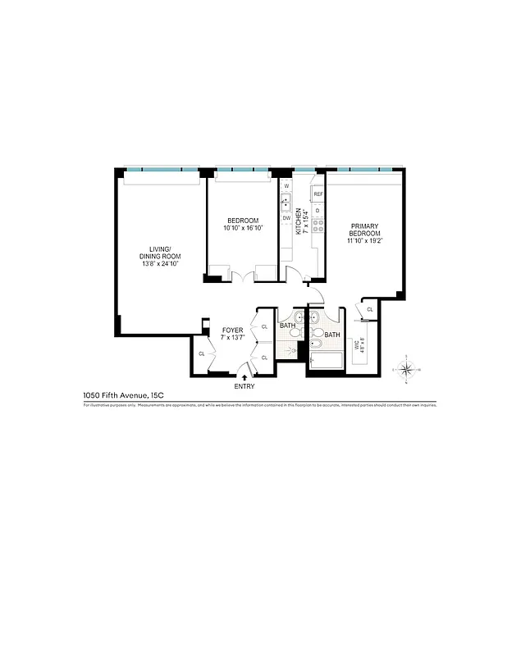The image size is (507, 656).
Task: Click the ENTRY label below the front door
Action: coord(244,386)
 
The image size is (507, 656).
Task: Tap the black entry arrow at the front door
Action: coord(244,376)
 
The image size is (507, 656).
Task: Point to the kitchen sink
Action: coord(286,201)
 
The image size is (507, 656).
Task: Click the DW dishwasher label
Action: coord(286,217)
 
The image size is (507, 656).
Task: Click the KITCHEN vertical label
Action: coord(299,221)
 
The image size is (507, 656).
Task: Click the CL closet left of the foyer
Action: coord(202,353)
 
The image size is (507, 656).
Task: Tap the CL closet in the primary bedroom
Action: coord(370,309)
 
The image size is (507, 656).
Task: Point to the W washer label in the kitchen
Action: coord(286,186)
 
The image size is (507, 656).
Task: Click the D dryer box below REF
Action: coord(317,210)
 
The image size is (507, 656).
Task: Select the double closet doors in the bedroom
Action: coord(242,276)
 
